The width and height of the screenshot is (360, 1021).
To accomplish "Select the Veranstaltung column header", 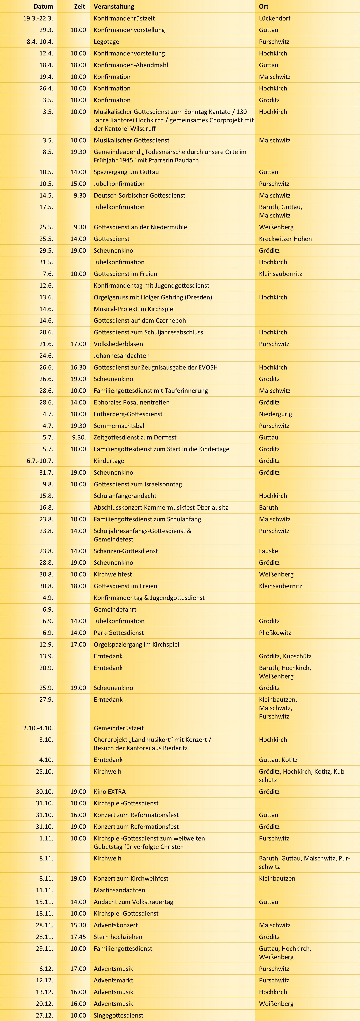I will click(114, 6).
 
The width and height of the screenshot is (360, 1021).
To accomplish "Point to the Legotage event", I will click(106, 42).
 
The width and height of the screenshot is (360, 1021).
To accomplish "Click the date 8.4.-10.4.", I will click(40, 42).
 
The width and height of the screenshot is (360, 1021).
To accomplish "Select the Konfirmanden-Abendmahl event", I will click(131, 65).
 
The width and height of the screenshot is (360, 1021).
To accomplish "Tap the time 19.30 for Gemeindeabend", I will click(78, 152).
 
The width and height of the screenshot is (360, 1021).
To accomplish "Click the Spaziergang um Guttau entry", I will click(126, 172).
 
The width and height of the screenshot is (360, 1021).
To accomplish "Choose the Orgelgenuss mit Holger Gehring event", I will click(153, 297).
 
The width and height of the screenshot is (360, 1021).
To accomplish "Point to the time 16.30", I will click(78, 367).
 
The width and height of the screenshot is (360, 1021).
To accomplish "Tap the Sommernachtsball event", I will click(120, 426).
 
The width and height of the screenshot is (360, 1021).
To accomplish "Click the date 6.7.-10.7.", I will click(40, 461).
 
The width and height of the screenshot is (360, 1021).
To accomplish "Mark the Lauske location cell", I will click(268, 551).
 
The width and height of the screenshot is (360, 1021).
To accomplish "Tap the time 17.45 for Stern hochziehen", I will click(78, 937).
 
